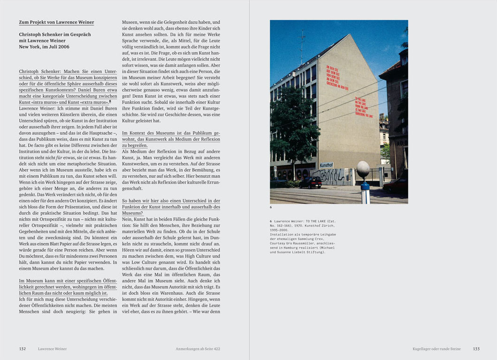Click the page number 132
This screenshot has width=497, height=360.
click(x=23, y=349)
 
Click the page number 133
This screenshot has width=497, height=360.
click(x=476, y=349)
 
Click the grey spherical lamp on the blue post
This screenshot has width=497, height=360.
click(x=363, y=169)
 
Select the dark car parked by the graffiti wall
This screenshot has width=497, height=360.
click(x=310, y=183)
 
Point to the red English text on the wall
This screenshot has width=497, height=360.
click(x=364, y=107)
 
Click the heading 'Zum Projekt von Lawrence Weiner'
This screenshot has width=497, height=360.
click(x=56, y=22)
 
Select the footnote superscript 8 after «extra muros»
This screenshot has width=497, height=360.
click(x=110, y=101)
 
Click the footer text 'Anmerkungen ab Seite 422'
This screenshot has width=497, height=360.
click(x=198, y=349)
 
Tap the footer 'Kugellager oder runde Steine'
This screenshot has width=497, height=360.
click(x=436, y=349)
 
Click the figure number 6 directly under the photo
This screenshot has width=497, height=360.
click(x=271, y=207)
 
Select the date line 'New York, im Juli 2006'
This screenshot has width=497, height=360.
click(x=44, y=47)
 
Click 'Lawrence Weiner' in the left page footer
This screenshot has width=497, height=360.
click(x=53, y=349)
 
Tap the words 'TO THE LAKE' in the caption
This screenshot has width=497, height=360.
click(x=320, y=221)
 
